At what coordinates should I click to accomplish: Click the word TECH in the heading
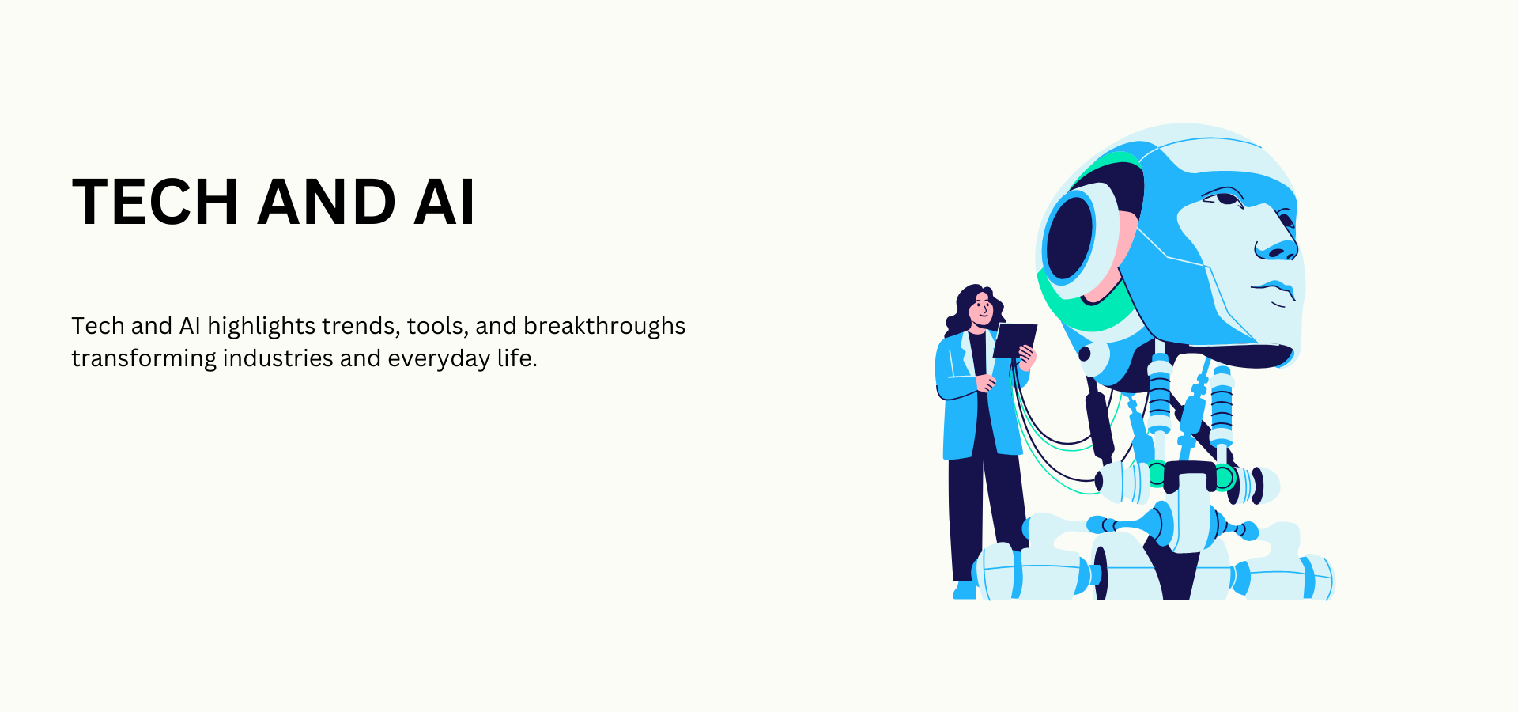tap(155, 203)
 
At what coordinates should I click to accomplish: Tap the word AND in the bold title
tap(326, 203)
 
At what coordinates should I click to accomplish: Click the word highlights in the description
tap(261, 326)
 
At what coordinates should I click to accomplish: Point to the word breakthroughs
tap(604, 326)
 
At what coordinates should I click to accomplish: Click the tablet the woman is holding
tap(1014, 340)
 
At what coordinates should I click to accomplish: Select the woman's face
tap(982, 308)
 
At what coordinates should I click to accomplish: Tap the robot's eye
tap(1224, 197)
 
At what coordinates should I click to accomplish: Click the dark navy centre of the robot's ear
tap(1069, 237)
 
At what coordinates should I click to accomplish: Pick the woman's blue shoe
tap(965, 591)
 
